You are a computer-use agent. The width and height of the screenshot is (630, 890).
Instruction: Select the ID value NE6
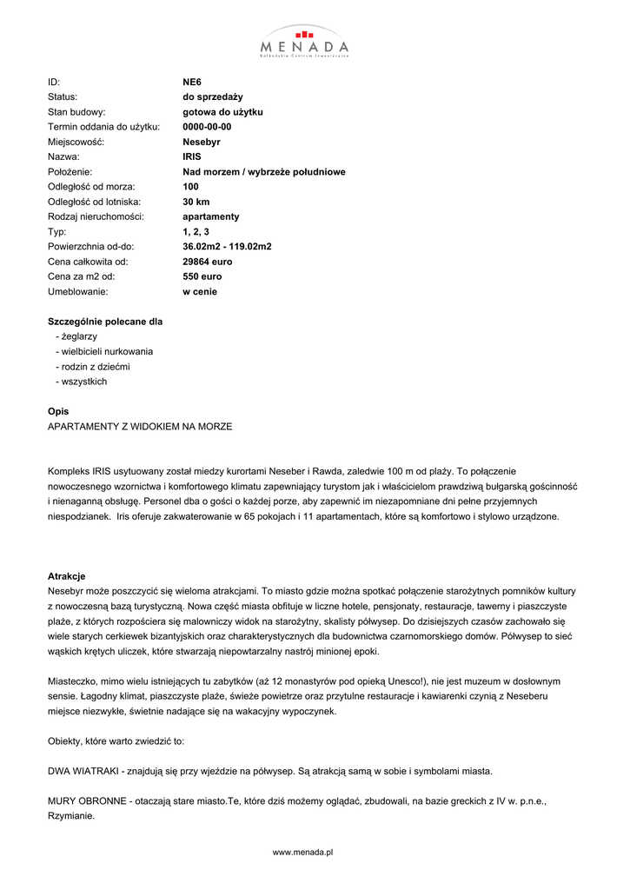(192, 82)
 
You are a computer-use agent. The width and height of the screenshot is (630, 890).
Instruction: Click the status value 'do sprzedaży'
(213, 96)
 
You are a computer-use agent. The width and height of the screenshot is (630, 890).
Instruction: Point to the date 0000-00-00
(207, 127)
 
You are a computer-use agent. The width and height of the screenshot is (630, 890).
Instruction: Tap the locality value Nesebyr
(202, 142)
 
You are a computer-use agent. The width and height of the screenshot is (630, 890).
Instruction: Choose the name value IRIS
(192, 156)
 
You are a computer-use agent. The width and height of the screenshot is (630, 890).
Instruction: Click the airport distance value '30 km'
(196, 202)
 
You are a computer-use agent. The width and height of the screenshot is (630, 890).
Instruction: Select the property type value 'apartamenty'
(211, 216)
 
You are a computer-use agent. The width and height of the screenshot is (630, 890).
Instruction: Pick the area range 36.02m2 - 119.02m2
(227, 247)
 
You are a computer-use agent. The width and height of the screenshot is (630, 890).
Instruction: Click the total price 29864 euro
(208, 262)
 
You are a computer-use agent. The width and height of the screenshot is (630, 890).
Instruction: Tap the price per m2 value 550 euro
(202, 276)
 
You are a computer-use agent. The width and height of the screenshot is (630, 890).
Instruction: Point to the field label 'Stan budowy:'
(76, 112)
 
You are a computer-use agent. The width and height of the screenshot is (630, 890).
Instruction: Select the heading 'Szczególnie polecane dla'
(105, 322)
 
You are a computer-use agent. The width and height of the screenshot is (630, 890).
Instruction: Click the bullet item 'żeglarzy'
(78, 336)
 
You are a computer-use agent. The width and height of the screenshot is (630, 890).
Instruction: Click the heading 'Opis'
(58, 411)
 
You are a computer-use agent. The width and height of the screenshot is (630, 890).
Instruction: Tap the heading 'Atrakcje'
(66, 576)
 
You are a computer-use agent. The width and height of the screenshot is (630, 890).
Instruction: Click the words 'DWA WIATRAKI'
(84, 771)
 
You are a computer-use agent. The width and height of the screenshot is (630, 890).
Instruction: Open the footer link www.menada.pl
(303, 853)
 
